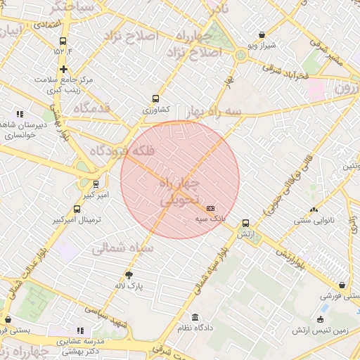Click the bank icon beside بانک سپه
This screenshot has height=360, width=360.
click(211, 209)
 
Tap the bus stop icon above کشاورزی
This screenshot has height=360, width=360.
click(155, 100)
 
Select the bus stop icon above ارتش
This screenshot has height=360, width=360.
click(245, 223)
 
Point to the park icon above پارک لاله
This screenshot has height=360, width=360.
click(129, 275)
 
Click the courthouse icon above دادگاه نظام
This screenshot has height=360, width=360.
click(195, 318)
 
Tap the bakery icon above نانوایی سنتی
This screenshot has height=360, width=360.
click(314, 210)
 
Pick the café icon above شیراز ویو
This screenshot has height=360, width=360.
click(262, 34)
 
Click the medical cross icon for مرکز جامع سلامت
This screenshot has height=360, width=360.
click(64, 69)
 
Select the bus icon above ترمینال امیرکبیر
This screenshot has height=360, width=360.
click(77, 209)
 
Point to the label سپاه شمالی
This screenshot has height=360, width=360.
click(119, 247)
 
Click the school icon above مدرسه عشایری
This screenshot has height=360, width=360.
click(80, 330)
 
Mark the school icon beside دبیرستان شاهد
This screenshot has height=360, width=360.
click(20, 114)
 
